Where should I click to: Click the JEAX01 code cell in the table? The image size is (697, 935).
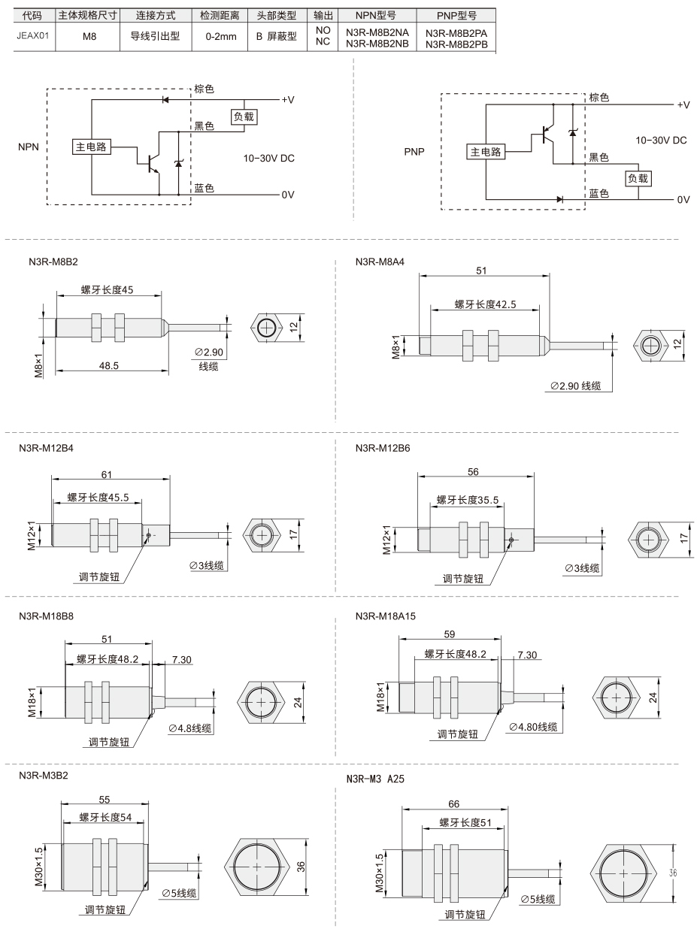coord(33,36)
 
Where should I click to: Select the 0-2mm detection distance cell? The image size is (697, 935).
coord(221,37)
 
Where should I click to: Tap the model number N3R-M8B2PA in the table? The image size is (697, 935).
coord(456,33)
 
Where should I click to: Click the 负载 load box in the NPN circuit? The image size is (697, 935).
coord(244,116)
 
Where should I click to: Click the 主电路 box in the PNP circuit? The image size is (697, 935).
coord(486,152)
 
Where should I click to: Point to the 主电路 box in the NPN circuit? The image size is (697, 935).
coord(91,147)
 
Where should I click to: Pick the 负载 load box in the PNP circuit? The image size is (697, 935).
coord(638,178)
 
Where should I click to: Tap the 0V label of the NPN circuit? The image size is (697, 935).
coord(288,195)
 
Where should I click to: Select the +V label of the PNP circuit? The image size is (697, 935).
coord(683,104)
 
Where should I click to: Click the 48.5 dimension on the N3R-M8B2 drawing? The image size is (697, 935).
coord(108,365)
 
